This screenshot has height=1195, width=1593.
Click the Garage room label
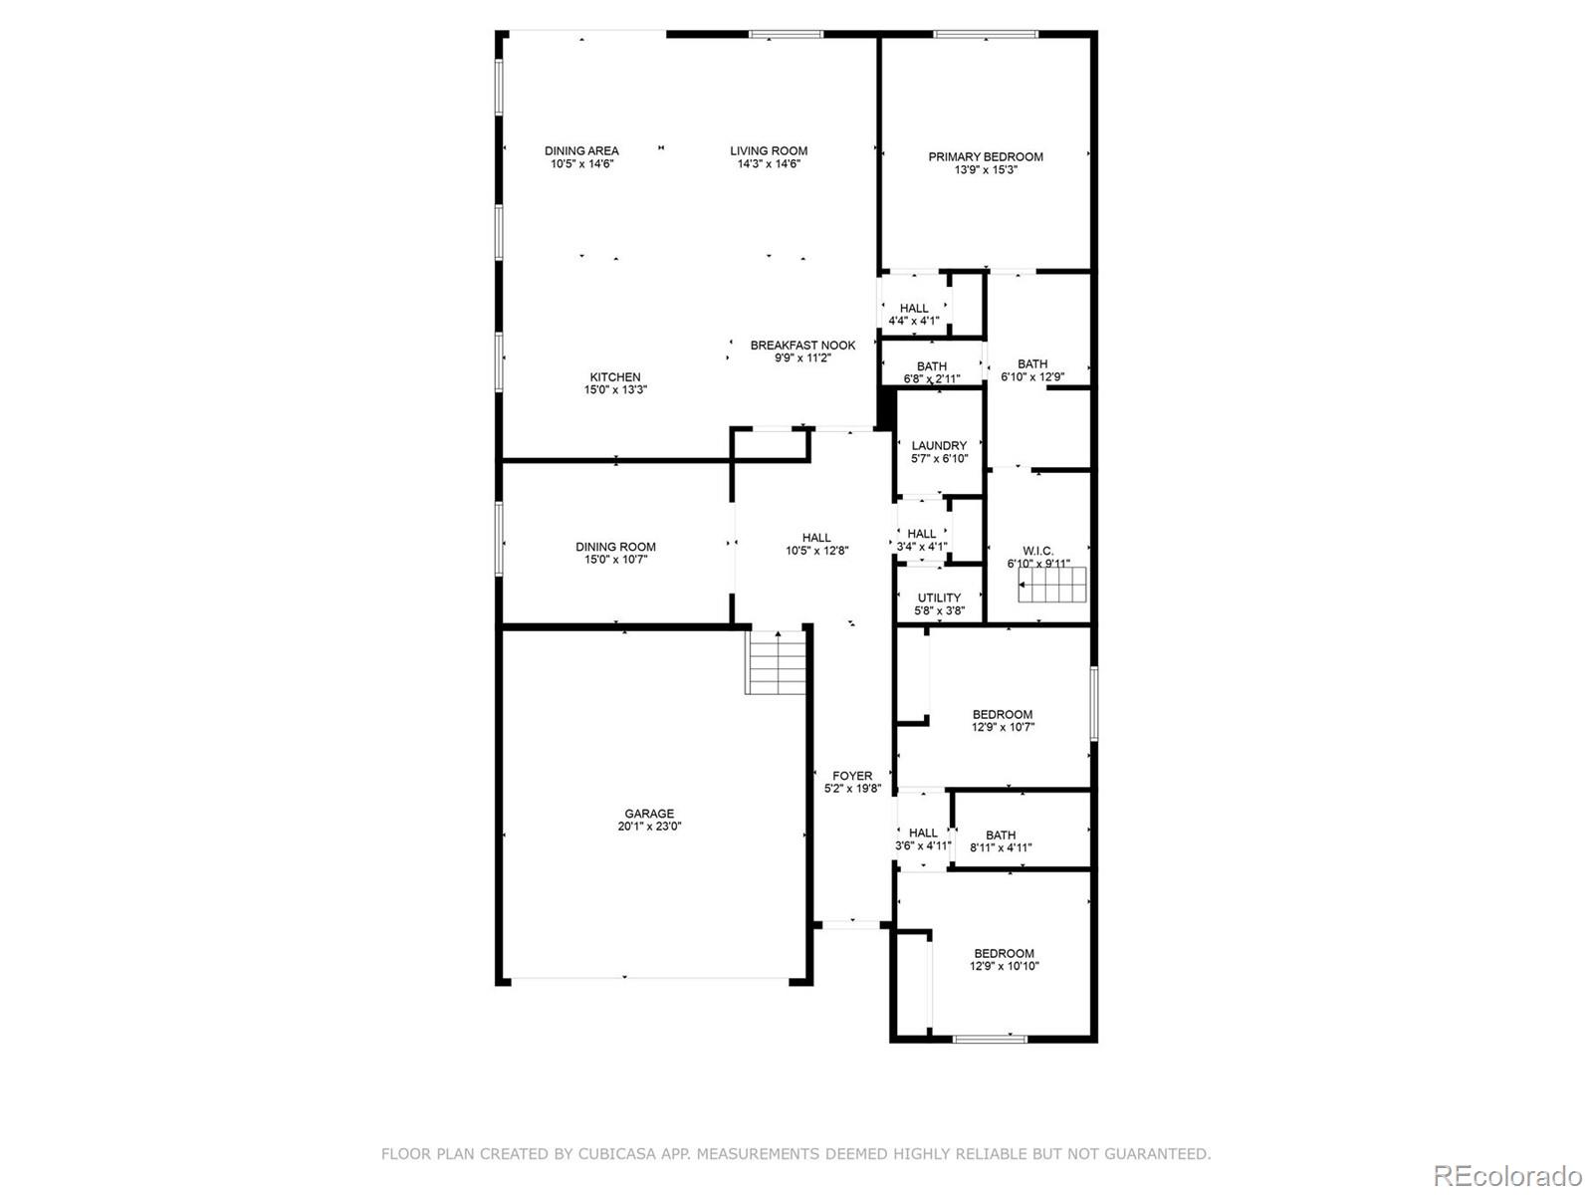tap(648, 814)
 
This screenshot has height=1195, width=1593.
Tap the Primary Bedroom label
tap(986, 156)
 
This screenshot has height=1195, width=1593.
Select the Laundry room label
tap(939, 446)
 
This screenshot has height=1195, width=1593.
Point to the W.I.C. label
tap(1037, 551)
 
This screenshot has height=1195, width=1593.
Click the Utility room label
tap(939, 597)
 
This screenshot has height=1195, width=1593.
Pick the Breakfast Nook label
tap(802, 346)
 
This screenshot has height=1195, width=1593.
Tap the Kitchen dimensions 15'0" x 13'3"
tap(615, 390)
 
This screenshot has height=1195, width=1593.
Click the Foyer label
tap(852, 776)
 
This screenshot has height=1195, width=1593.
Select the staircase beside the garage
tap(776, 663)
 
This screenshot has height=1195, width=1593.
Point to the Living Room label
tap(769, 151)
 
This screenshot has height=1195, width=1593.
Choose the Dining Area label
tap(581, 151)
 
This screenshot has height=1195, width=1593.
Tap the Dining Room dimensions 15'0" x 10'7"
tap(615, 560)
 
